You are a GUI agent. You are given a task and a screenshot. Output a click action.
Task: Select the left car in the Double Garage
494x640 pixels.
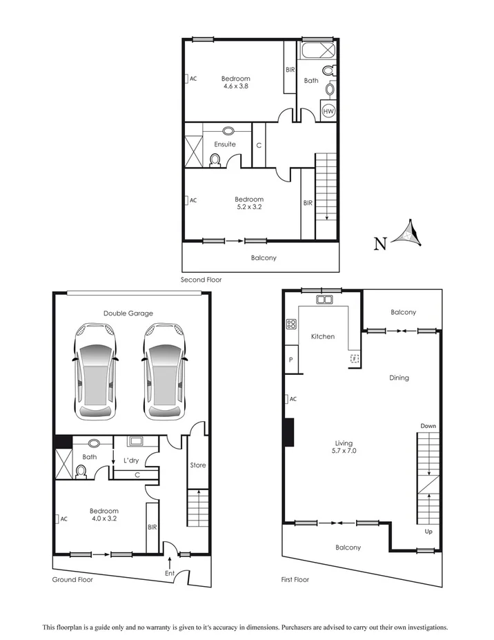[95, 371]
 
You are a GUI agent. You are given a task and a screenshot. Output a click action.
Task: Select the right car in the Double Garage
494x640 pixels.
[165, 371]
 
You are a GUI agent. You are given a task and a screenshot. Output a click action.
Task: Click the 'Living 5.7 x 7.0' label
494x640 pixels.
[344, 447]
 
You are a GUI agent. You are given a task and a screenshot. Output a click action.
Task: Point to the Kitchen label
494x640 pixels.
[322, 337]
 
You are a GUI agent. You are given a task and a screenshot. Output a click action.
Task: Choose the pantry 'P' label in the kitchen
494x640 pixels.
[290, 360]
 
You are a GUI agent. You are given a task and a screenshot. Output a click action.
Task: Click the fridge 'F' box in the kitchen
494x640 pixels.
[355, 359]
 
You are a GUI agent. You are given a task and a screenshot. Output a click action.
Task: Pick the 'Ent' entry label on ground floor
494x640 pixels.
[169, 573]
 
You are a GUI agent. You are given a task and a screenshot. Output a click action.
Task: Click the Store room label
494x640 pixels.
[198, 465]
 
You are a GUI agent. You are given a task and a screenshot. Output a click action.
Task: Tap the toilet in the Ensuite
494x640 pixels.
[215, 160]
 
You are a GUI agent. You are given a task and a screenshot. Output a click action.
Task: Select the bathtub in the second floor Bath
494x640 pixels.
[317, 52]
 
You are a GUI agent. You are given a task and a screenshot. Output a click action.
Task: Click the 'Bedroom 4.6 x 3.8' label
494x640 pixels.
[235, 83]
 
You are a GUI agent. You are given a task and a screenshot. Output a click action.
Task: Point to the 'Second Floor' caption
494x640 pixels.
[201, 280]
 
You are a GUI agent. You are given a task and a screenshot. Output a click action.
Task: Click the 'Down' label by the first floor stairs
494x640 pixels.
[428, 426]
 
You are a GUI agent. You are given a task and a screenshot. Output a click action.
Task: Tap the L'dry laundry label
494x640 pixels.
[132, 460]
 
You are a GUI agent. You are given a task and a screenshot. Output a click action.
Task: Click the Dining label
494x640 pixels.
[399, 378]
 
